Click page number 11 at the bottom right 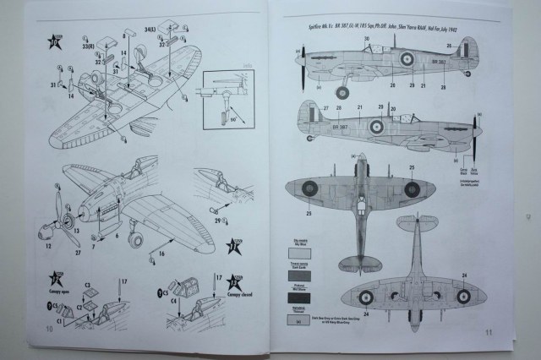488,333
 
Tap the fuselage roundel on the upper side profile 407,60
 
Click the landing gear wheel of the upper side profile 343,92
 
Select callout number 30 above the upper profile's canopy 366,40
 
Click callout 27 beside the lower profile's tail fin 315,107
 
